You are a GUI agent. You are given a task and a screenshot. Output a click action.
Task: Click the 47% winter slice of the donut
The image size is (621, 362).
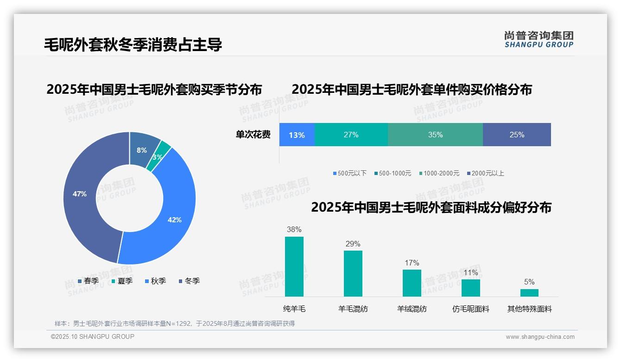(x=81, y=195)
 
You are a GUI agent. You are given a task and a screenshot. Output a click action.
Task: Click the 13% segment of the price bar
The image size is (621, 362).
(x=297, y=135)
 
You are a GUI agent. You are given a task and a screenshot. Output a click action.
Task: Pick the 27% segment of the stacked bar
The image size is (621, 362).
(x=351, y=135)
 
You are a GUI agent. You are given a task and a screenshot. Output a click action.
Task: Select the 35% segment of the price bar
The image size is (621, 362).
(x=435, y=135)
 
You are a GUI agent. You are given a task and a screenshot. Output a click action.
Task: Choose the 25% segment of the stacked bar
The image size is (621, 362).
(x=517, y=135)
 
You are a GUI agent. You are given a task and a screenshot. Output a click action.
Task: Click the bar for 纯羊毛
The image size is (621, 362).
(x=294, y=266)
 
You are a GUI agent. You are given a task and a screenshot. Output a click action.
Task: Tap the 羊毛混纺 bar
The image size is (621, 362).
(x=353, y=273)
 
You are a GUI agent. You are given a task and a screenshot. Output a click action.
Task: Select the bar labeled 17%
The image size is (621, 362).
(x=412, y=283)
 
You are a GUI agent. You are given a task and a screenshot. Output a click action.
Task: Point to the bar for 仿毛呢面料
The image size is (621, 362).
(x=470, y=288)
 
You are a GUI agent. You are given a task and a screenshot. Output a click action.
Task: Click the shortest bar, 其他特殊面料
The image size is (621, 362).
(x=529, y=292)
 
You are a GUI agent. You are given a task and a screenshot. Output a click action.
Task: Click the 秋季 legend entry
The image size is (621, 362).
(x=156, y=281)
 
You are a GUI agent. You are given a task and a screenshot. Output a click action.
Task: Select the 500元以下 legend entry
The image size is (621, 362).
(x=350, y=173)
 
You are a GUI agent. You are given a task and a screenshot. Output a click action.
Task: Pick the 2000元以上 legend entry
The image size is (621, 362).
(x=485, y=173)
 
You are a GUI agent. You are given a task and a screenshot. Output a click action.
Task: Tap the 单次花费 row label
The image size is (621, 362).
(x=253, y=135)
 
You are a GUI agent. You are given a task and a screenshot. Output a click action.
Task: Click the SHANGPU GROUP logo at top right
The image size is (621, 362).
(x=539, y=39)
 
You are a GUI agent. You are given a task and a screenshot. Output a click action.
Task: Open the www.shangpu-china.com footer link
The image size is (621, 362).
(x=540, y=336)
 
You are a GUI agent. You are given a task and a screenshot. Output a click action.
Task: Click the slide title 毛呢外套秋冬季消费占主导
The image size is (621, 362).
(x=133, y=44)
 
